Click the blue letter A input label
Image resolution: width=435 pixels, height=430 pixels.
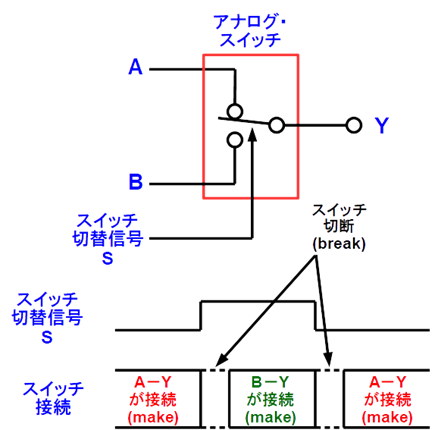(135, 67)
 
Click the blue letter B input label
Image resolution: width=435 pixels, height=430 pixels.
(136, 182)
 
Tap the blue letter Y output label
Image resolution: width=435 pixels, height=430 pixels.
(381, 125)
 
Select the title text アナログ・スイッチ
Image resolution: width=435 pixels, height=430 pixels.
(250, 31)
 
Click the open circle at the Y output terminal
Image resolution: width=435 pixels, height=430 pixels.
(354, 126)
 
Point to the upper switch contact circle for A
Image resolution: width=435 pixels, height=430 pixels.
(235, 111)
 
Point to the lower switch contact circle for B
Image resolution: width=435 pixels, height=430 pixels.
(235, 140)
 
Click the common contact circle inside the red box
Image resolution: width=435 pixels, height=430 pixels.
(277, 125)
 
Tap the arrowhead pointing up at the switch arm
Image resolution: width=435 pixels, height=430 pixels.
(253, 135)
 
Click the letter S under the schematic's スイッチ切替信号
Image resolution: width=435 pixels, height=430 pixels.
(108, 258)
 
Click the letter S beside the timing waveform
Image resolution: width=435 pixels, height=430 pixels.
(47, 337)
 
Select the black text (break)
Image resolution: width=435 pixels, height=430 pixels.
(339, 244)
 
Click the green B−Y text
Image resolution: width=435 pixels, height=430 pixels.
(270, 382)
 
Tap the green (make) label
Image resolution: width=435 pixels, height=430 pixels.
(270, 417)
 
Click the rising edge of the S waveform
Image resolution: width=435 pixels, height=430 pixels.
(201, 316)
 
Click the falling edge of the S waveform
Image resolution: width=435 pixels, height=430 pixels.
(315, 316)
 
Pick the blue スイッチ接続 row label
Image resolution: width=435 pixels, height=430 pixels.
(53, 398)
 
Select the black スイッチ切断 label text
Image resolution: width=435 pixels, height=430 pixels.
(339, 218)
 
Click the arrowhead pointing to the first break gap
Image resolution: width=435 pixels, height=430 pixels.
(221, 360)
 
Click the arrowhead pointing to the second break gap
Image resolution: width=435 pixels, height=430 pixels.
(328, 359)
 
